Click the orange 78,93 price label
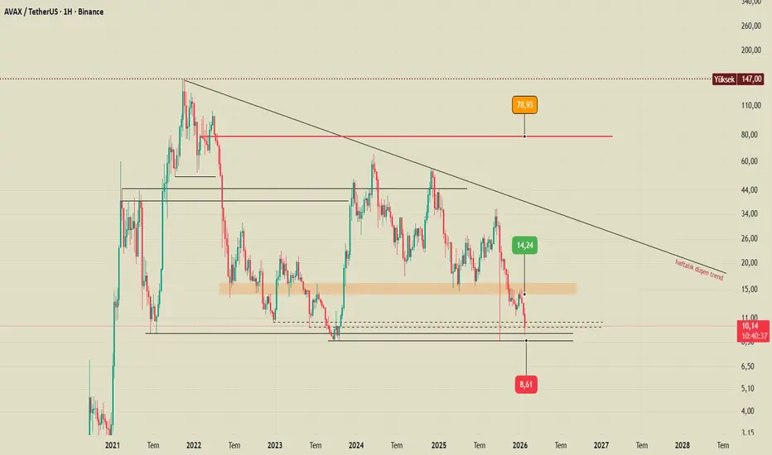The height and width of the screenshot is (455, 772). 524,106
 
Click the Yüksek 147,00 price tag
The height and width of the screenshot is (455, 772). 739,80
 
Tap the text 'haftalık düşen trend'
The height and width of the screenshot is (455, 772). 699,271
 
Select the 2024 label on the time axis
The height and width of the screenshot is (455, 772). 356,444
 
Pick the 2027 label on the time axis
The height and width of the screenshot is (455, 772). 601,444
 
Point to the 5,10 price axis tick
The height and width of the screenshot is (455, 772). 748,389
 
